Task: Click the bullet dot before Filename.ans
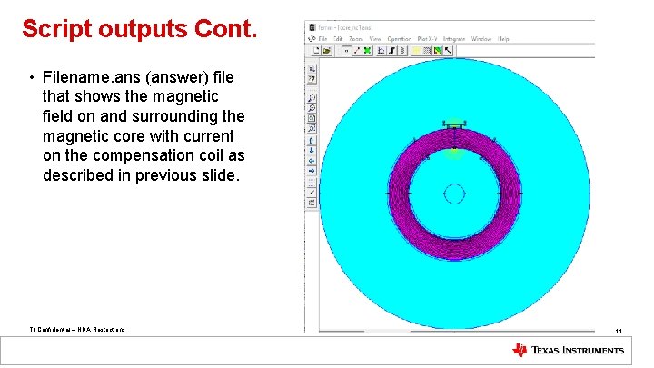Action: point(31,76)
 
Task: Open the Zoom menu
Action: point(356,39)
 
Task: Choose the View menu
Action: point(375,39)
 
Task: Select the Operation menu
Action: point(400,39)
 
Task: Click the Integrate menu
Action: point(454,39)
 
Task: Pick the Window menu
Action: point(481,39)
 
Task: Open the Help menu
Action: point(504,39)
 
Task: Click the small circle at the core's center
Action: point(454,194)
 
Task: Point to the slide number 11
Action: point(618,331)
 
